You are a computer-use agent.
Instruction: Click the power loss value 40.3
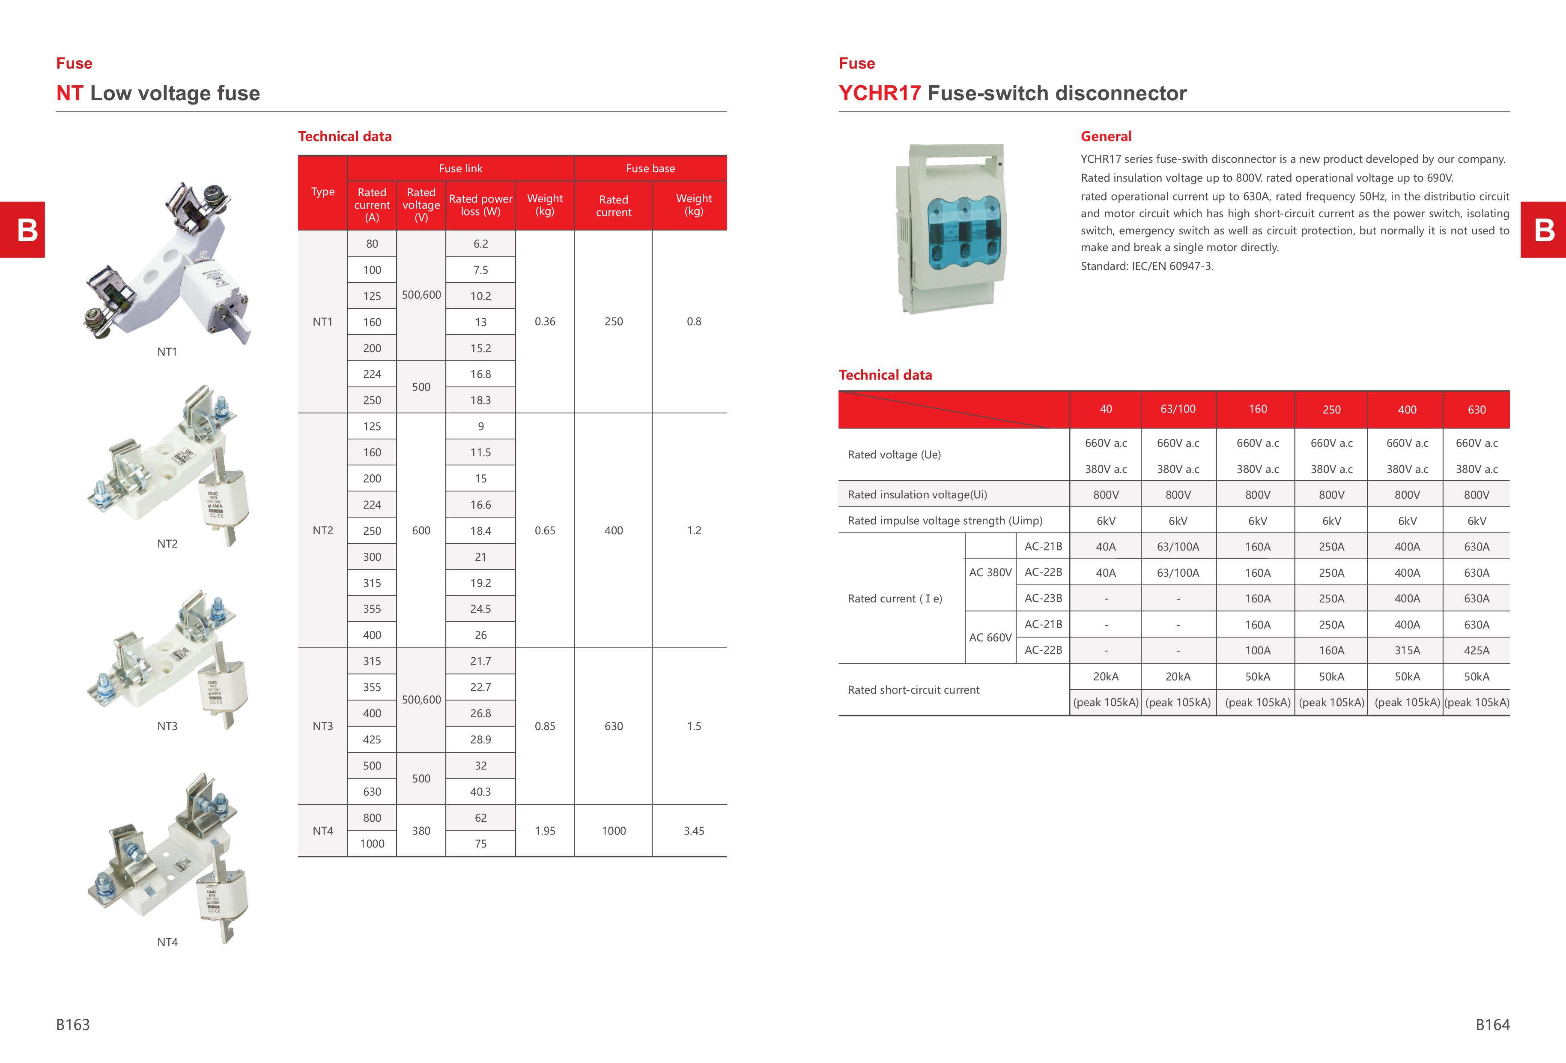[x=480, y=791]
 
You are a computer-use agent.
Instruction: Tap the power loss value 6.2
[x=480, y=243]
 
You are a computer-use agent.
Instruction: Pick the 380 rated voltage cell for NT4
[x=421, y=830]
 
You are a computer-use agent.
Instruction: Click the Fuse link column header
[x=460, y=168]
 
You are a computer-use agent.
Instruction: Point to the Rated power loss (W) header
[x=480, y=205]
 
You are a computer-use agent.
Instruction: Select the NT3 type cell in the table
[x=323, y=726]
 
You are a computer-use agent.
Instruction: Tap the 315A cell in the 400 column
[x=1407, y=650]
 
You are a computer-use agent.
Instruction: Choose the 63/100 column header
[x=1178, y=409]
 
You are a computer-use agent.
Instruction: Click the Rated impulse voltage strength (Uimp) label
[x=945, y=521]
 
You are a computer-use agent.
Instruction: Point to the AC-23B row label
[x=1043, y=598]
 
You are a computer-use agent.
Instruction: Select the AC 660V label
[x=990, y=637]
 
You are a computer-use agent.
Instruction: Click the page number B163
[x=73, y=1024]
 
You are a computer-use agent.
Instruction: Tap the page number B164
[x=1492, y=1024]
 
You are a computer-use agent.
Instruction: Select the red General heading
[x=1106, y=136]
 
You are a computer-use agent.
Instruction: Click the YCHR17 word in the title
[x=880, y=93]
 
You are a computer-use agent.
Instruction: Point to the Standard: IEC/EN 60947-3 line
[x=1147, y=266]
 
